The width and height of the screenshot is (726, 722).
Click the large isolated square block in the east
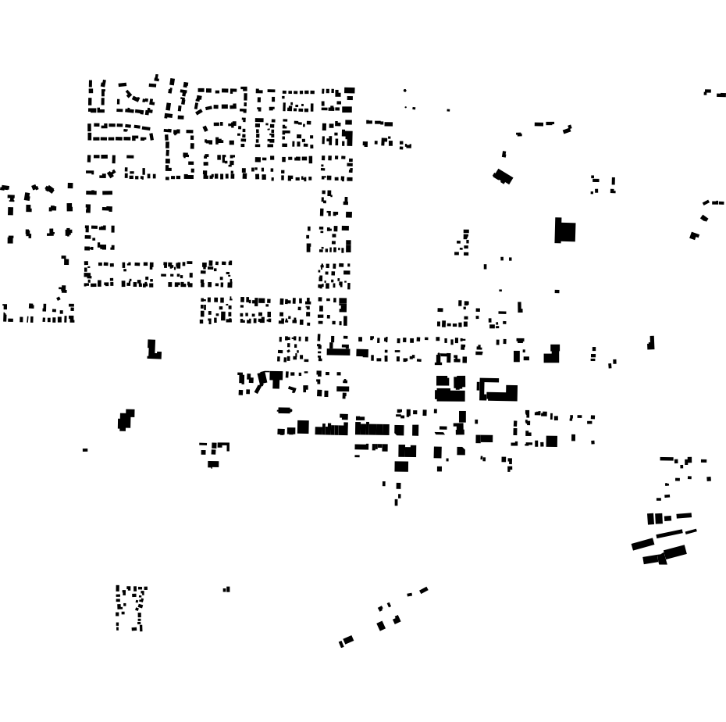565,231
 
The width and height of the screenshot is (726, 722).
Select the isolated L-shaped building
154,349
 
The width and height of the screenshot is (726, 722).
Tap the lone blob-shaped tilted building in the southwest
125,420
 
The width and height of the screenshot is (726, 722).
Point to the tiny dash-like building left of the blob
85,449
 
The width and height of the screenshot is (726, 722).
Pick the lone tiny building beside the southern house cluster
226,589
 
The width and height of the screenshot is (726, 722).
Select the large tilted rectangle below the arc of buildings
504,177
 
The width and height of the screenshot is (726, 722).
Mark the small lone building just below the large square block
557,291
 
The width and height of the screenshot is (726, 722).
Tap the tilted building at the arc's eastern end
568,130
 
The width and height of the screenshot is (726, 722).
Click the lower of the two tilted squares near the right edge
694,235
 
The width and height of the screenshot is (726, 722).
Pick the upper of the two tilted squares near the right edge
704,218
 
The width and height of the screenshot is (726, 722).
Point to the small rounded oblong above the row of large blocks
284,410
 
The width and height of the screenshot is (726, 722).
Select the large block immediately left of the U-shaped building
450,388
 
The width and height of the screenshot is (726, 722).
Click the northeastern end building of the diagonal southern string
423,590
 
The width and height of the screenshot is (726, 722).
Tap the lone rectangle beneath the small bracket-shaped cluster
213,464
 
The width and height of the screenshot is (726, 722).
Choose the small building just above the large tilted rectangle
504,155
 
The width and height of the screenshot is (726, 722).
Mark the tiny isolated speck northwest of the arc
448,110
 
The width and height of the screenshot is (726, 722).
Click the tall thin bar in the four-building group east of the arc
613,184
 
